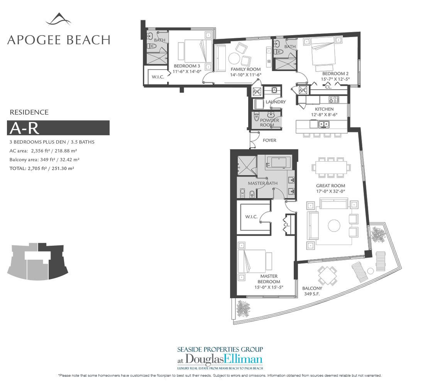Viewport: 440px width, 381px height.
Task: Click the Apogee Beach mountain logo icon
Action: pos(58,19)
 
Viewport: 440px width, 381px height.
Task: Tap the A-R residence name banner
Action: pos(58,128)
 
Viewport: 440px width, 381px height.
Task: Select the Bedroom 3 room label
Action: pos(186,66)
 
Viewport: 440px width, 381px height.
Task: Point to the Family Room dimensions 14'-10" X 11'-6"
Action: pos(245,75)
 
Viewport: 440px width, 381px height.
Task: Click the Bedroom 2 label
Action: pos(335,74)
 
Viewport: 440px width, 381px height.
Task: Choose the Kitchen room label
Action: pos(324,109)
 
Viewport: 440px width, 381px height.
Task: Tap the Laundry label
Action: pos(276,102)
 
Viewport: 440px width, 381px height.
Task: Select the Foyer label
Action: pos(269,140)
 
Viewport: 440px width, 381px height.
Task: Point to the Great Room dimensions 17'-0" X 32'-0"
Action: pos(330,191)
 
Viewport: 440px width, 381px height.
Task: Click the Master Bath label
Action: pos(263,183)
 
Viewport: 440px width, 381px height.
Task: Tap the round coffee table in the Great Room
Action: pos(334,225)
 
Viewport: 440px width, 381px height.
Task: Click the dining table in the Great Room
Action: pos(331,167)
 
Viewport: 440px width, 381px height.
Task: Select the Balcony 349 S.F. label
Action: pos(312,291)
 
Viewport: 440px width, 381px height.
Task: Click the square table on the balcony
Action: pos(327,276)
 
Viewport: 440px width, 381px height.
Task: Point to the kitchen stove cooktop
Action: pos(333,99)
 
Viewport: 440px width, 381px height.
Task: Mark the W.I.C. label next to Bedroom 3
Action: pos(158,77)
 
